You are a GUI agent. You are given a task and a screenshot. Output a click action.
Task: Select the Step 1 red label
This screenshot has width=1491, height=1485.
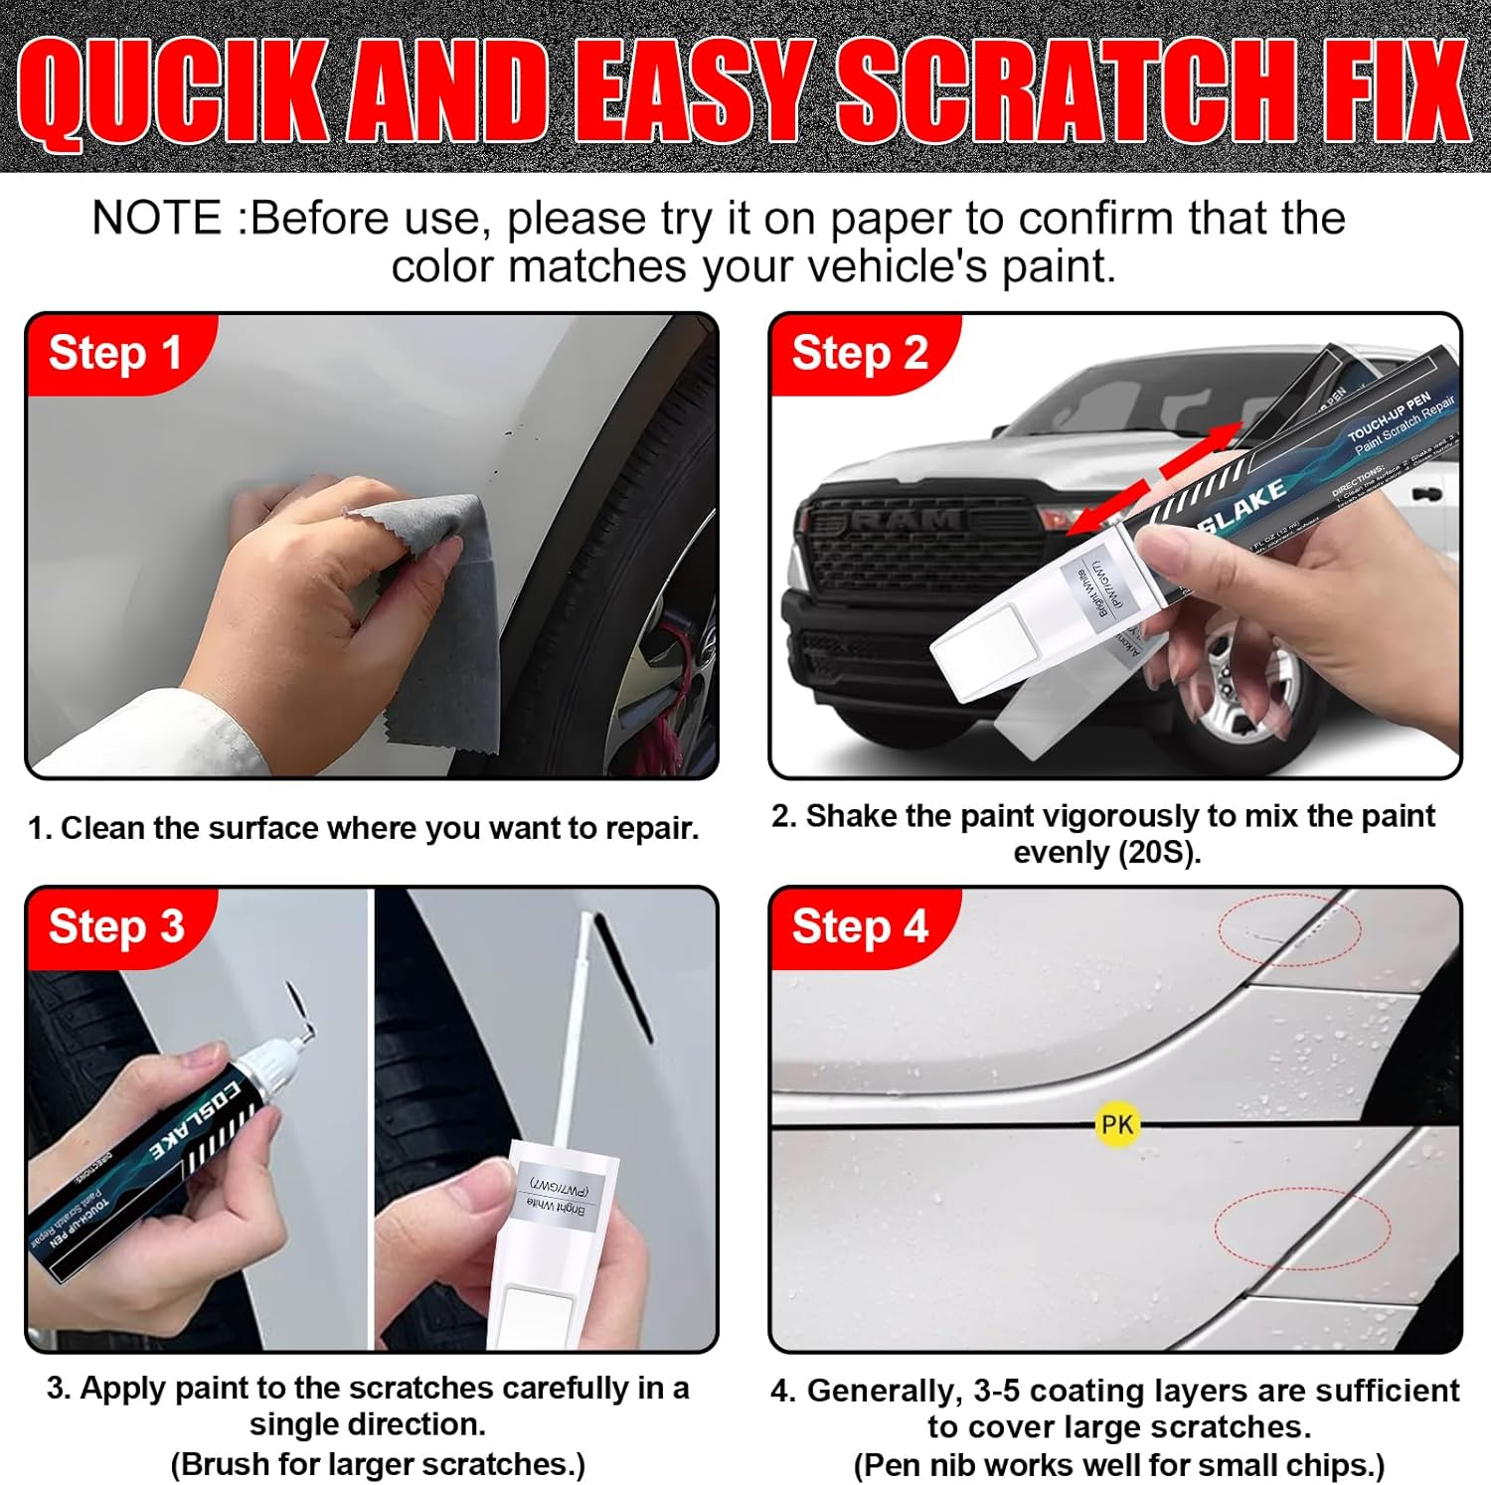pyautogui.click(x=115, y=353)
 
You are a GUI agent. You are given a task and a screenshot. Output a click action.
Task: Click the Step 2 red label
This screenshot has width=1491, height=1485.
pyautogui.click(x=860, y=354)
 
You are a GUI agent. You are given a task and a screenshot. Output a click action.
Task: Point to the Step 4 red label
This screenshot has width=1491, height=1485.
pyautogui.click(x=860, y=926)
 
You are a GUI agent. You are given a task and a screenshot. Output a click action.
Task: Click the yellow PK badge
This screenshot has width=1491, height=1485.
pyautogui.click(x=1116, y=1124)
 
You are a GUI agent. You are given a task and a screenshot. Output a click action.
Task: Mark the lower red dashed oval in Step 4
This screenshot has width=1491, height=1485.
pyautogui.click(x=1302, y=1228)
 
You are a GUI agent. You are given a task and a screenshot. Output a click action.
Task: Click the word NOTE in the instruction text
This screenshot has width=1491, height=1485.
pyautogui.click(x=157, y=219)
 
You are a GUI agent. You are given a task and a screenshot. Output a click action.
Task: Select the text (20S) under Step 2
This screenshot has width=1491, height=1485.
pyautogui.click(x=1157, y=853)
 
